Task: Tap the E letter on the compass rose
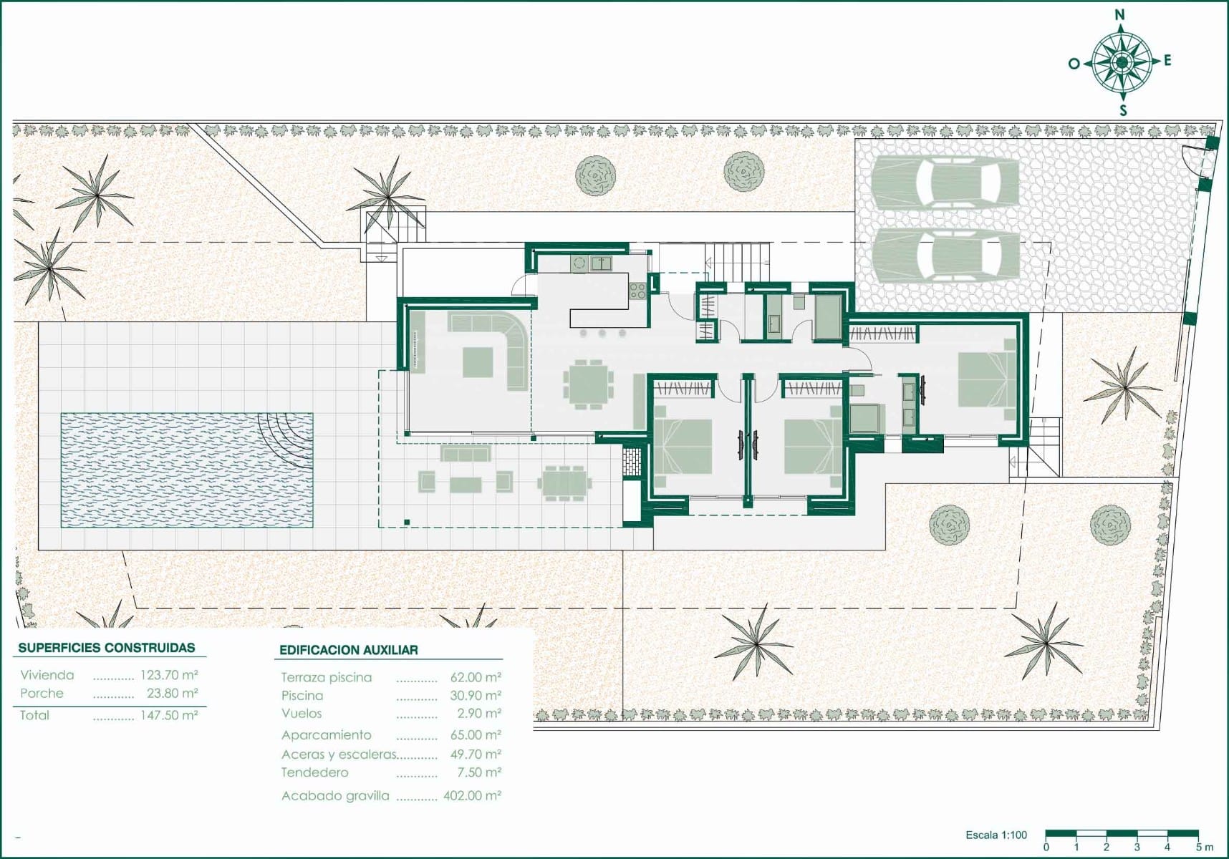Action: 1167,61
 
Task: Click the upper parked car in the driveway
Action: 945,182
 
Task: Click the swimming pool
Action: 187,470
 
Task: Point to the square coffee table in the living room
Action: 478,362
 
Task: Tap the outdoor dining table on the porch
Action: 564,482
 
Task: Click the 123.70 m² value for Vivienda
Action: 169,675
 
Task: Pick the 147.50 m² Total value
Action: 169,715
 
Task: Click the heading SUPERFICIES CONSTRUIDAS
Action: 107,648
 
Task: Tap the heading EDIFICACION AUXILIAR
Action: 349,650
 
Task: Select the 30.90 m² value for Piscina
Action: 476,695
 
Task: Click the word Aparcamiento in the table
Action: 327,735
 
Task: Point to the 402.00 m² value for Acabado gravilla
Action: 473,795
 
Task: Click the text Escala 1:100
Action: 996,835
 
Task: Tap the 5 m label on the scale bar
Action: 1205,848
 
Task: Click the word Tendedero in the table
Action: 315,772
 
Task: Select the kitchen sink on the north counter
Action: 600,263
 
